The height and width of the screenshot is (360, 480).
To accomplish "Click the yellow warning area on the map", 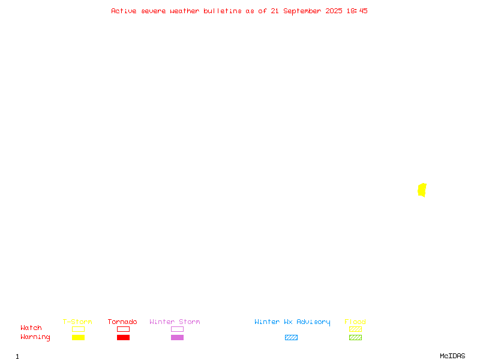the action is tap(422, 190).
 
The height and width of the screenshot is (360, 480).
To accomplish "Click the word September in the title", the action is tap(302, 11).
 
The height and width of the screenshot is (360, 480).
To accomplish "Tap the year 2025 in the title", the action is tap(334, 11).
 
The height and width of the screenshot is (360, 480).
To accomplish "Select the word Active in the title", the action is tap(124, 11).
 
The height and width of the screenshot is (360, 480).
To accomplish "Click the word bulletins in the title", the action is tap(223, 11).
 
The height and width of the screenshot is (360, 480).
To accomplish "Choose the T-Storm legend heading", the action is tap(77, 322).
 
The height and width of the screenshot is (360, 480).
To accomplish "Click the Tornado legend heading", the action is tap(122, 322).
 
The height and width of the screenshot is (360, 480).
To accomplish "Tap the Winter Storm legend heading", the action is tap(175, 322).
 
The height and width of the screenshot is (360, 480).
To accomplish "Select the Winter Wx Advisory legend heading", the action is tap(292, 322).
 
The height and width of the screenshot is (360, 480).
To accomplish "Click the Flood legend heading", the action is tap(355, 322).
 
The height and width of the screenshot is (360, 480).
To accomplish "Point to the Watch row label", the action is tap(31, 328).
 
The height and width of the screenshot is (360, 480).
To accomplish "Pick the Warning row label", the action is tap(35, 337).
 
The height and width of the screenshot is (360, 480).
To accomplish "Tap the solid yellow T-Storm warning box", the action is tap(79, 337).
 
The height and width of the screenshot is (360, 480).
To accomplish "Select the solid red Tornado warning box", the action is tap(124, 337).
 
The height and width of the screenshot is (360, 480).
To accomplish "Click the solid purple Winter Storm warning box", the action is tap(177, 337).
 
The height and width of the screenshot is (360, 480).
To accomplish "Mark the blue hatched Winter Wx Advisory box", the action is tap(291, 337).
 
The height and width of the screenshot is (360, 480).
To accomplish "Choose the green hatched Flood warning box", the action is tap(355, 337).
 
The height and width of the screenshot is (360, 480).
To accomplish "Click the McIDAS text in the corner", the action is tap(452, 356).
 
